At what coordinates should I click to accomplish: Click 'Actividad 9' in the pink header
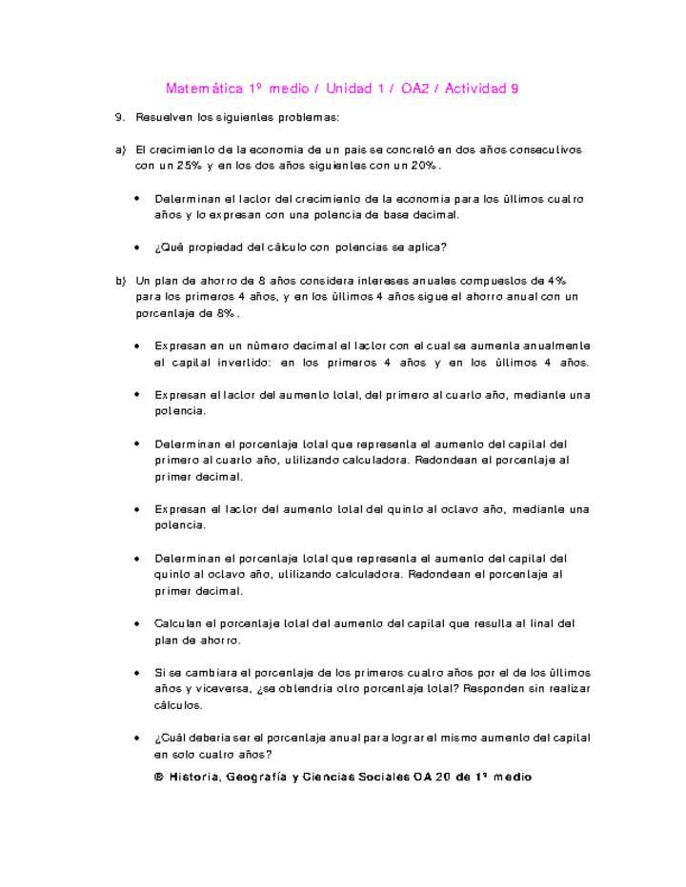point(481,89)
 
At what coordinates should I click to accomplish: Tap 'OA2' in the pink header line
point(414,89)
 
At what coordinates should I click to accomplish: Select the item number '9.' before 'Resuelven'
point(120,117)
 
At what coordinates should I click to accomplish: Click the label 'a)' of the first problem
point(120,150)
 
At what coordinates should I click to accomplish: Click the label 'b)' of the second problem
point(120,281)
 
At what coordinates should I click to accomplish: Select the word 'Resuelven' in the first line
point(164,117)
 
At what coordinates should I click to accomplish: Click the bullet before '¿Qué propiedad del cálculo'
point(138,246)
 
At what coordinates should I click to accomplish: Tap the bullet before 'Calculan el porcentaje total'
point(138,623)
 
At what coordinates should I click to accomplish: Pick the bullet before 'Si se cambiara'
point(138,672)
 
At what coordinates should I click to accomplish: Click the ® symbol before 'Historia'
point(159,777)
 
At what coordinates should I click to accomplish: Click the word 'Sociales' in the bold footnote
point(377,777)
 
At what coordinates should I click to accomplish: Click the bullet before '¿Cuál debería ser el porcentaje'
point(138,738)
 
